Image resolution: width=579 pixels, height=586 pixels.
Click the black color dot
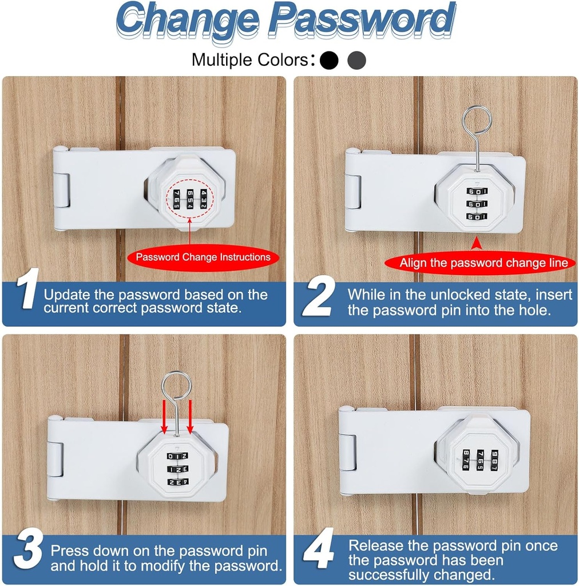point(329,60)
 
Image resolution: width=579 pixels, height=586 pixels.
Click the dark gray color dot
point(356,60)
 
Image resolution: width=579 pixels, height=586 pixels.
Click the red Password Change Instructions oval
point(203,258)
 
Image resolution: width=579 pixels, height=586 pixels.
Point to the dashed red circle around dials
point(189,200)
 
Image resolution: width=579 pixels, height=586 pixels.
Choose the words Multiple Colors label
point(249,60)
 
